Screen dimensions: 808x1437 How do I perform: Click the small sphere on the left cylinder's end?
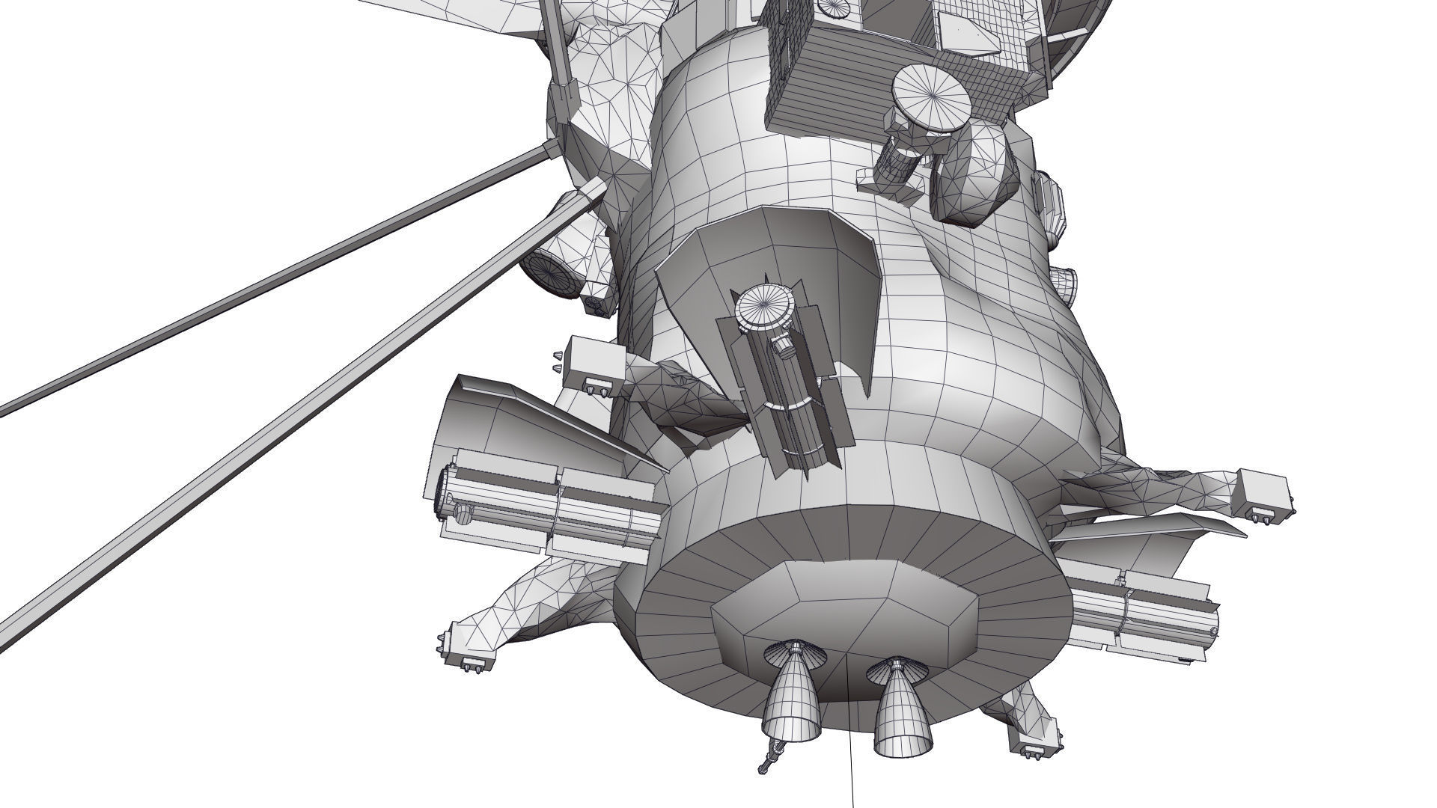click(464, 514)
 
